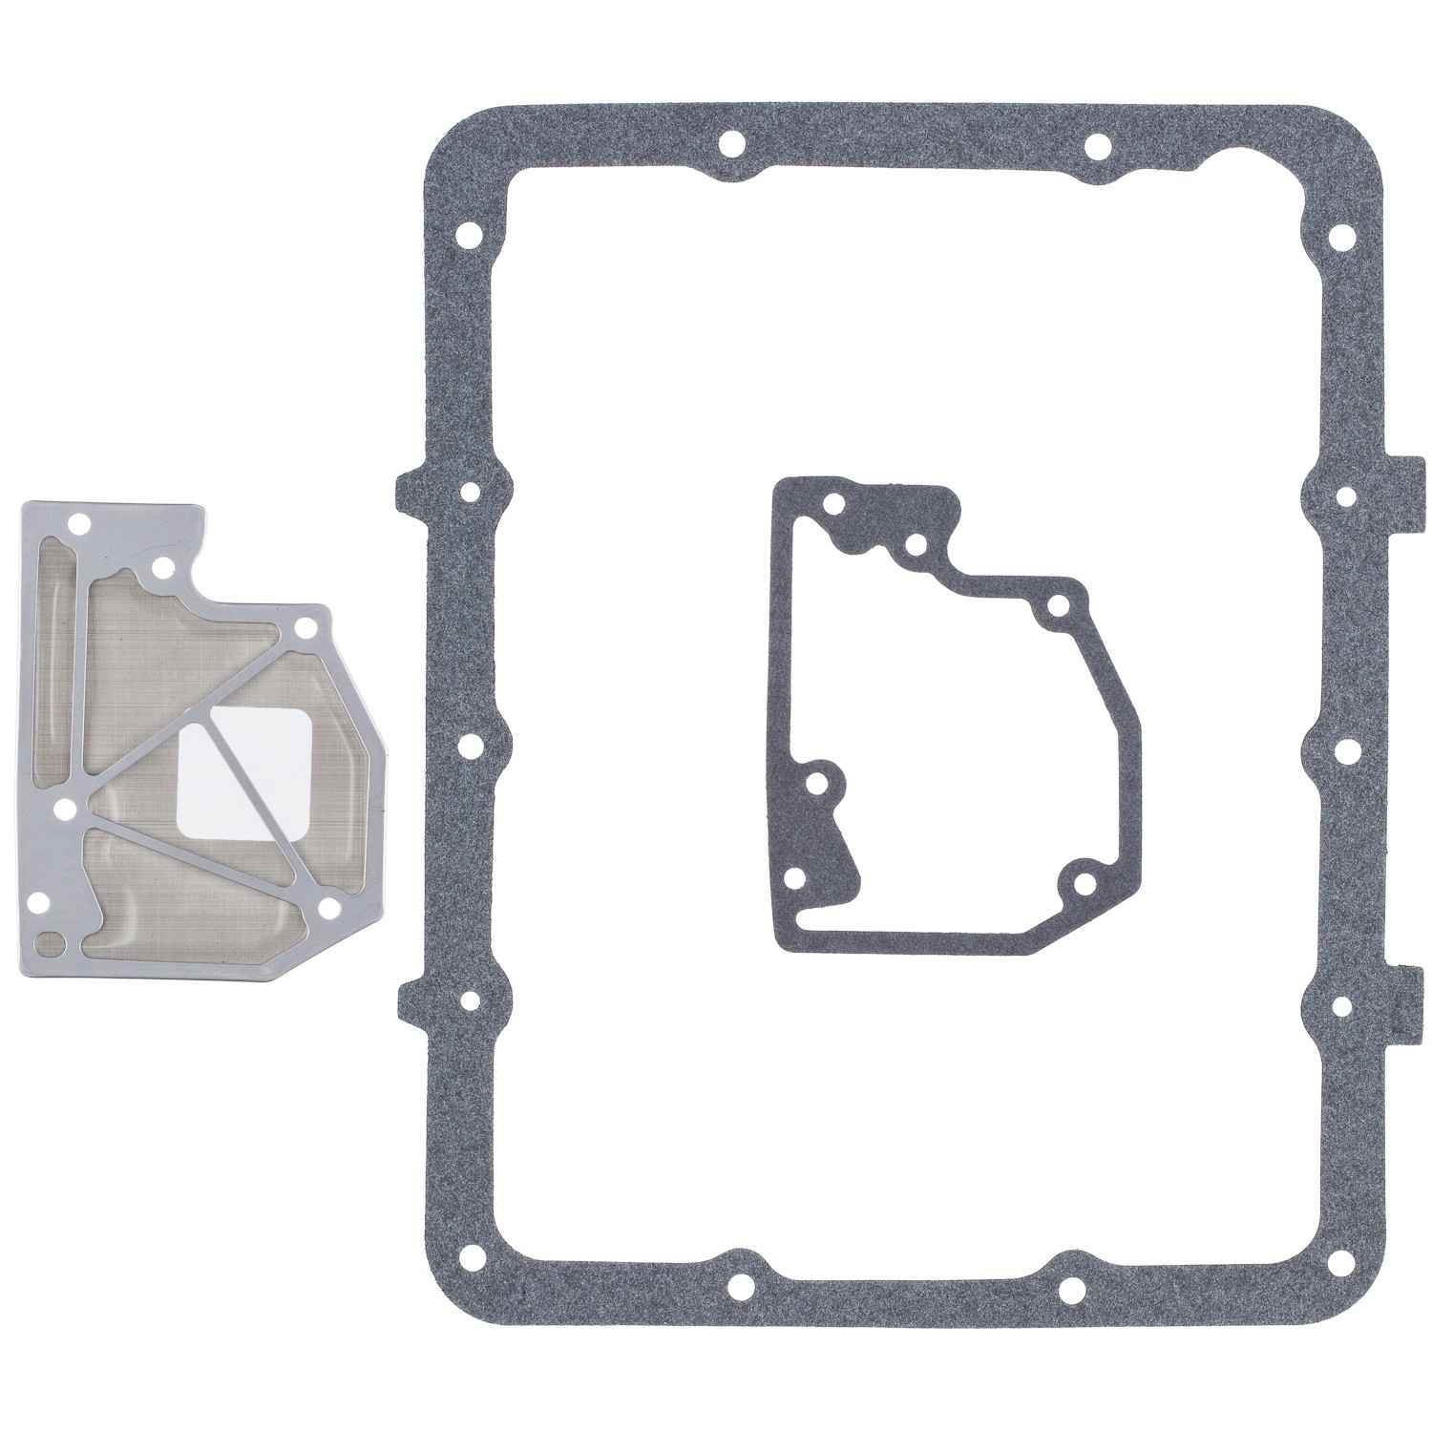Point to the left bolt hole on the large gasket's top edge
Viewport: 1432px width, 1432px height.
click(x=732, y=145)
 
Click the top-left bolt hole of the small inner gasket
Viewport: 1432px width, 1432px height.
click(x=835, y=503)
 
